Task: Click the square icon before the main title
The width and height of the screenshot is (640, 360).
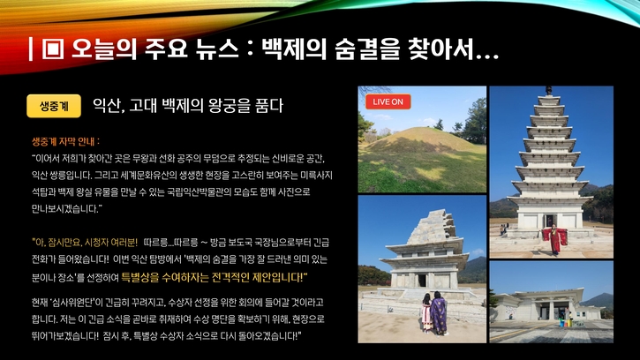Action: [50, 49]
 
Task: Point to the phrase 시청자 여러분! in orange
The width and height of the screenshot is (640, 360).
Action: [109, 242]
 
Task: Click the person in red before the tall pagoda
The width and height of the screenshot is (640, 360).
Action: [554, 239]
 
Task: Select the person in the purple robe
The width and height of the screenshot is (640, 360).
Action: [438, 314]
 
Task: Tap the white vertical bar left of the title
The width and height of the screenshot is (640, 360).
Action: [31, 49]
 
